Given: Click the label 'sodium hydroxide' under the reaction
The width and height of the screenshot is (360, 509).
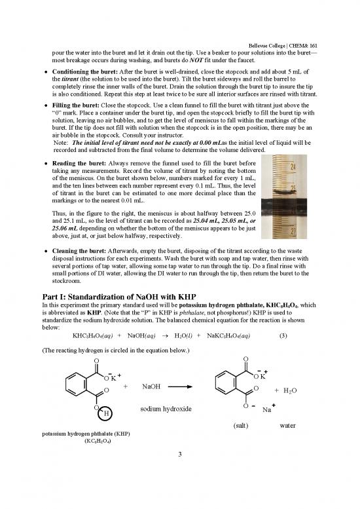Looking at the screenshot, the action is (x=167, y=409).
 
